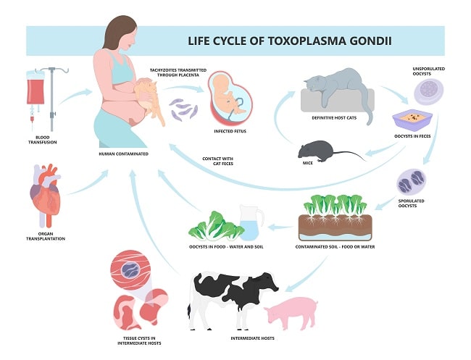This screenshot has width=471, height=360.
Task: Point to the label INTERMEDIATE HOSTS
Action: (x=250, y=338)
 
